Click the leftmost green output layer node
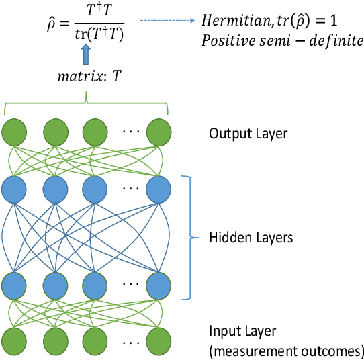click(x=16, y=132)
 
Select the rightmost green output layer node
click(x=160, y=132)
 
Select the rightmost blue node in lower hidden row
click(x=160, y=285)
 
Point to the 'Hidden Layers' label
click(x=251, y=237)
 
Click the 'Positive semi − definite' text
click(x=282, y=42)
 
